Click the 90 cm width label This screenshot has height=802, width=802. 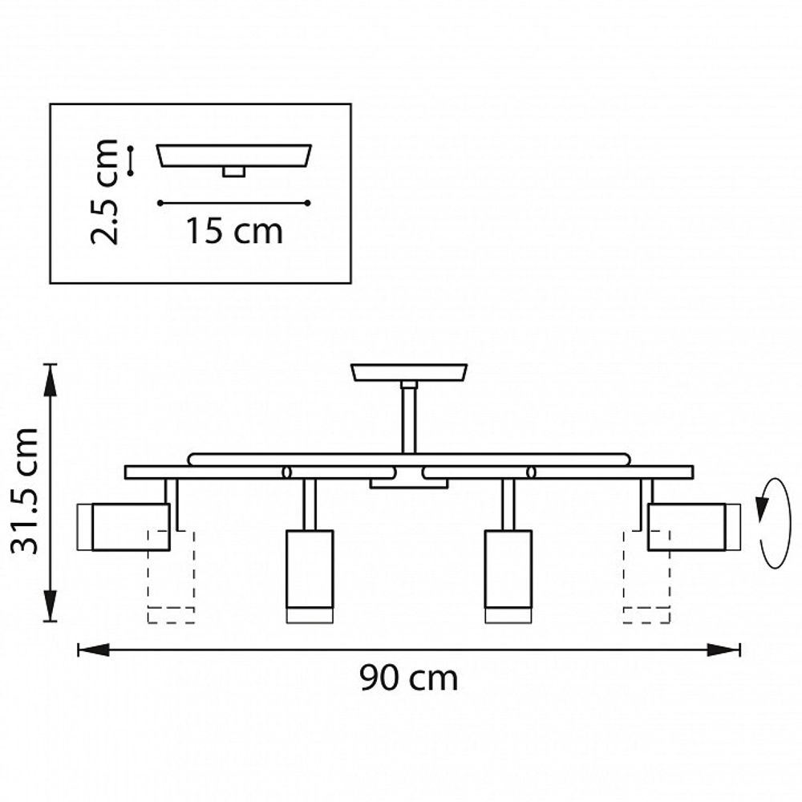tap(408, 678)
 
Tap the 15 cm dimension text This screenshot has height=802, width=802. tap(234, 232)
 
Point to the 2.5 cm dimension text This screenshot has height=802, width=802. tap(105, 192)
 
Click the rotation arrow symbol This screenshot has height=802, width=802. tap(773, 523)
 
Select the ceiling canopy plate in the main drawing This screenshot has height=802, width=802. tap(409, 373)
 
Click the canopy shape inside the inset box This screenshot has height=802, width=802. tap(234, 156)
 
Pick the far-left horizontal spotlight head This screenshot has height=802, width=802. tap(124, 527)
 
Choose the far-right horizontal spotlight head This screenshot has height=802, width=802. tap(694, 527)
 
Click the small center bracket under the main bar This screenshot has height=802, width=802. tap(409, 484)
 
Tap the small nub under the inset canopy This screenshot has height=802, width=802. tap(234, 172)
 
